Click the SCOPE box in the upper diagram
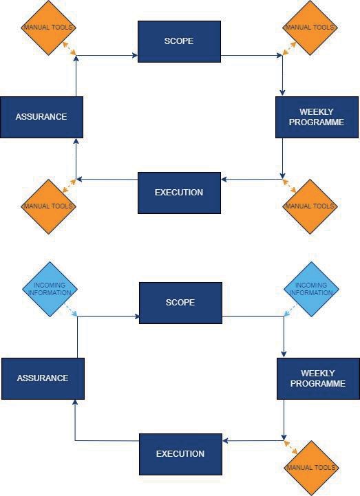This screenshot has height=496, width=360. [179, 41]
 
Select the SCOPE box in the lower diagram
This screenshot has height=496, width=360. [180, 303]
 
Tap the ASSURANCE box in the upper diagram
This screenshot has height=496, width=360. [41, 117]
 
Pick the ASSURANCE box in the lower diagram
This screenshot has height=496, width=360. [43, 378]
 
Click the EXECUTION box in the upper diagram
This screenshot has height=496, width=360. [179, 193]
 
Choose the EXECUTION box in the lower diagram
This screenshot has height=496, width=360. [180, 454]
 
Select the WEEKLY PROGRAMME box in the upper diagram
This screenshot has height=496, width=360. [317, 117]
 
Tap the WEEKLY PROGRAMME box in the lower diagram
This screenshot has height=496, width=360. [318, 378]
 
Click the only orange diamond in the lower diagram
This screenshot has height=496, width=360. [311, 468]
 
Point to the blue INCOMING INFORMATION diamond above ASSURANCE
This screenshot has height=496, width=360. [50, 289]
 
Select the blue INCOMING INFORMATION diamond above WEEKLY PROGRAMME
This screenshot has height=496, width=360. [311, 289]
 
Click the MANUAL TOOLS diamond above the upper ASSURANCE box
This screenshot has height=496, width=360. [48, 28]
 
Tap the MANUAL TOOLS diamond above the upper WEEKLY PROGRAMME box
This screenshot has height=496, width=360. [310, 28]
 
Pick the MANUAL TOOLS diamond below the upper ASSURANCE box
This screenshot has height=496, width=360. [48, 206]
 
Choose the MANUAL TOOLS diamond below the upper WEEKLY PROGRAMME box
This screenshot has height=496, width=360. [310, 206]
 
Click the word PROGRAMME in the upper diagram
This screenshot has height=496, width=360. [317, 122]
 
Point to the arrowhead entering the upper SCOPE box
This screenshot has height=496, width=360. [135, 56]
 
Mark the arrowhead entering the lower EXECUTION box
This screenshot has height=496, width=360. [225, 441]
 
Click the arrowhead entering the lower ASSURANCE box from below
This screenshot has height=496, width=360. [75, 402]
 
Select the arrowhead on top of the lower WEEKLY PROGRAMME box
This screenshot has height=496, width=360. [284, 354]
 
